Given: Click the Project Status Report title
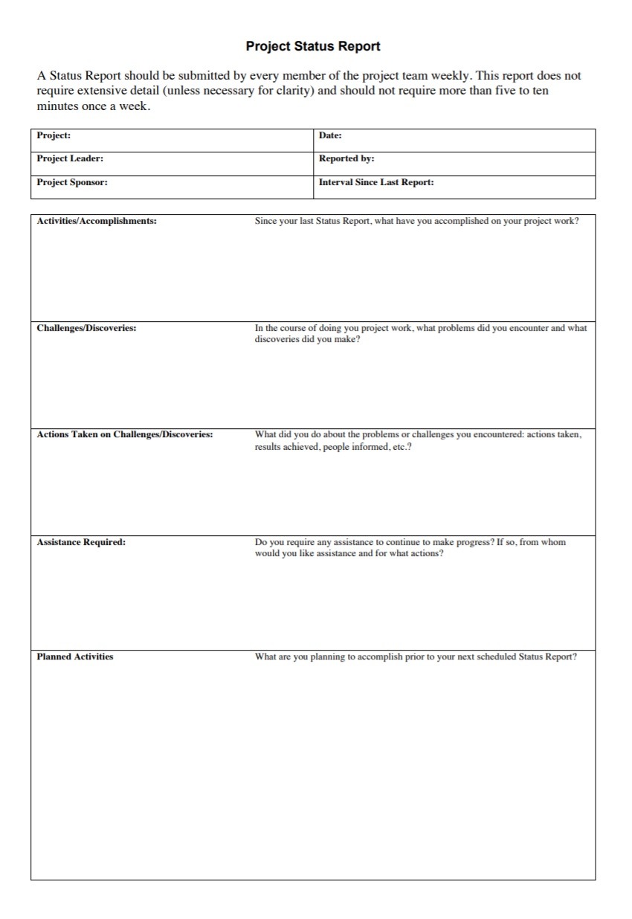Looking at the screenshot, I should pyautogui.click(x=313, y=46).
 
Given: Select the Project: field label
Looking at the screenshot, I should pyautogui.click(x=54, y=135).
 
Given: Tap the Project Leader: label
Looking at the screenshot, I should pyautogui.click(x=70, y=158).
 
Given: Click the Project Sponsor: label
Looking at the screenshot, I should pyautogui.click(x=72, y=182).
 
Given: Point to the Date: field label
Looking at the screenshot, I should pyautogui.click(x=330, y=135).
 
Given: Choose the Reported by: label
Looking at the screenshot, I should pyautogui.click(x=346, y=158).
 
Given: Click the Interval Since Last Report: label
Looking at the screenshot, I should pyautogui.click(x=376, y=182).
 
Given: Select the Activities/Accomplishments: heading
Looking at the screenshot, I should pyautogui.click(x=97, y=221).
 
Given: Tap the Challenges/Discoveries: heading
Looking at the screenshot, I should pyautogui.click(x=86, y=328).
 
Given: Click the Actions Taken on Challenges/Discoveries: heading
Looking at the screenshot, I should pyautogui.click(x=125, y=434).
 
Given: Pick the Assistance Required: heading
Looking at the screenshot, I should pyautogui.click(x=81, y=542).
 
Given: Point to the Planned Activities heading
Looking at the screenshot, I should pyautogui.click(x=75, y=657).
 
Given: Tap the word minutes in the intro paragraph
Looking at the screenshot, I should pyautogui.click(x=58, y=106).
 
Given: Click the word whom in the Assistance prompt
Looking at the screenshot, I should pyautogui.click(x=553, y=542).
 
